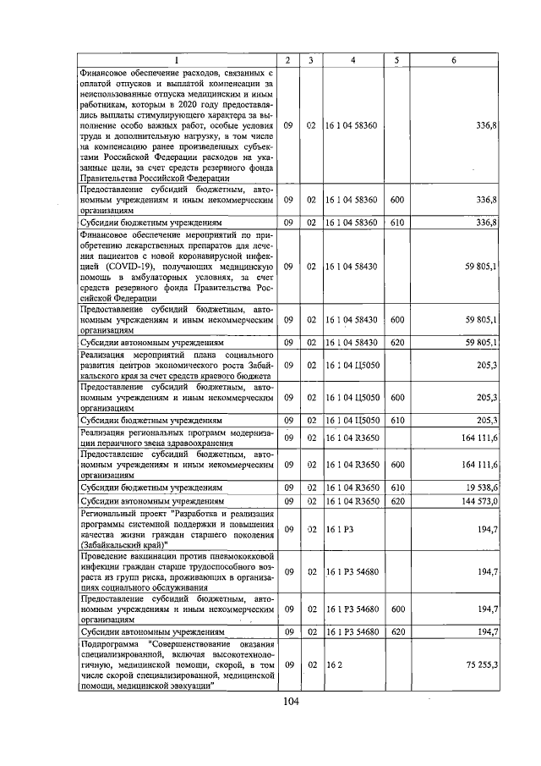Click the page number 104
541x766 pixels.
pos(292,701)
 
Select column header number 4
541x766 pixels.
pos(352,60)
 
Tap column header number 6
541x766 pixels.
pos(454,60)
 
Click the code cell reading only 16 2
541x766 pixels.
pos(334,667)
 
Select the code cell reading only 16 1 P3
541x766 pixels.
pos(339,528)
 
